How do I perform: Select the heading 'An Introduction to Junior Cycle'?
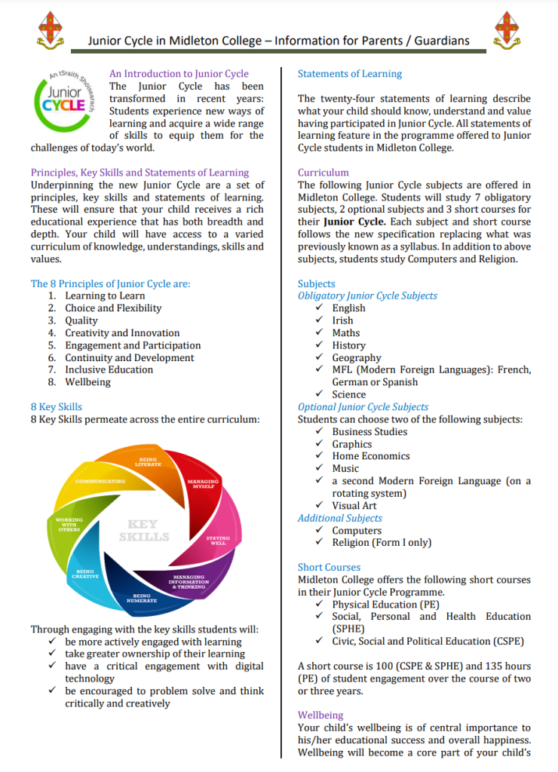coord(179,74)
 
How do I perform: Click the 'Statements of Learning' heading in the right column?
coord(350,74)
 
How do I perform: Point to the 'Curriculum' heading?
coord(323,173)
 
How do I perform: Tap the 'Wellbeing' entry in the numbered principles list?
coord(87,382)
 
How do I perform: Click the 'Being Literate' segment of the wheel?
coord(149,462)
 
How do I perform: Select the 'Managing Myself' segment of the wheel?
coord(202,484)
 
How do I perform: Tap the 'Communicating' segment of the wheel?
coord(100,480)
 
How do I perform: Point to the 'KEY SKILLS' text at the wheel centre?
coord(143,530)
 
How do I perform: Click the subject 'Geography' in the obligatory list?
coord(357,357)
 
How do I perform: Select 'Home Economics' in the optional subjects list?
coord(371,456)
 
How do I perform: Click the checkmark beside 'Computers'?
coord(320,530)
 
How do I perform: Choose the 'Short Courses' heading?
coord(329,567)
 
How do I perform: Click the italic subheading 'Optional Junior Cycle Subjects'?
coord(363,407)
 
